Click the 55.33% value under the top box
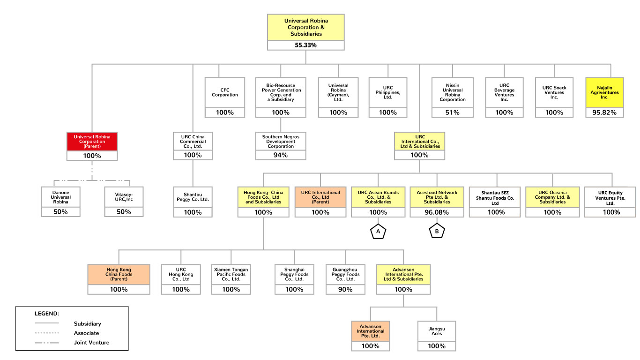click(x=305, y=45)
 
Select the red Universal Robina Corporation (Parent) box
click(x=92, y=142)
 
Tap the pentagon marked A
click(x=378, y=232)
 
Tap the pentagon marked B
click(x=437, y=232)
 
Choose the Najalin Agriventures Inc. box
click(x=604, y=92)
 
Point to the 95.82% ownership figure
click(x=604, y=112)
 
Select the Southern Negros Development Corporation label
click(x=281, y=141)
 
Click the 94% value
click(x=281, y=155)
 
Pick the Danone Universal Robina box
click(x=61, y=197)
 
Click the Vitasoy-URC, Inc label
click(x=123, y=197)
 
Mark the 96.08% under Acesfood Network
click(x=437, y=212)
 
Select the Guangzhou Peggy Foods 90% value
click(x=345, y=289)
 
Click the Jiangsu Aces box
click(x=436, y=331)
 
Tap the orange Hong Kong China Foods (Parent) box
click(x=119, y=274)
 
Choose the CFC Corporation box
click(x=225, y=92)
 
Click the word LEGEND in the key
click(x=47, y=313)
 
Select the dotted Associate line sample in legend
click(x=47, y=333)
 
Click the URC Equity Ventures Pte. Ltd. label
click(x=611, y=198)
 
